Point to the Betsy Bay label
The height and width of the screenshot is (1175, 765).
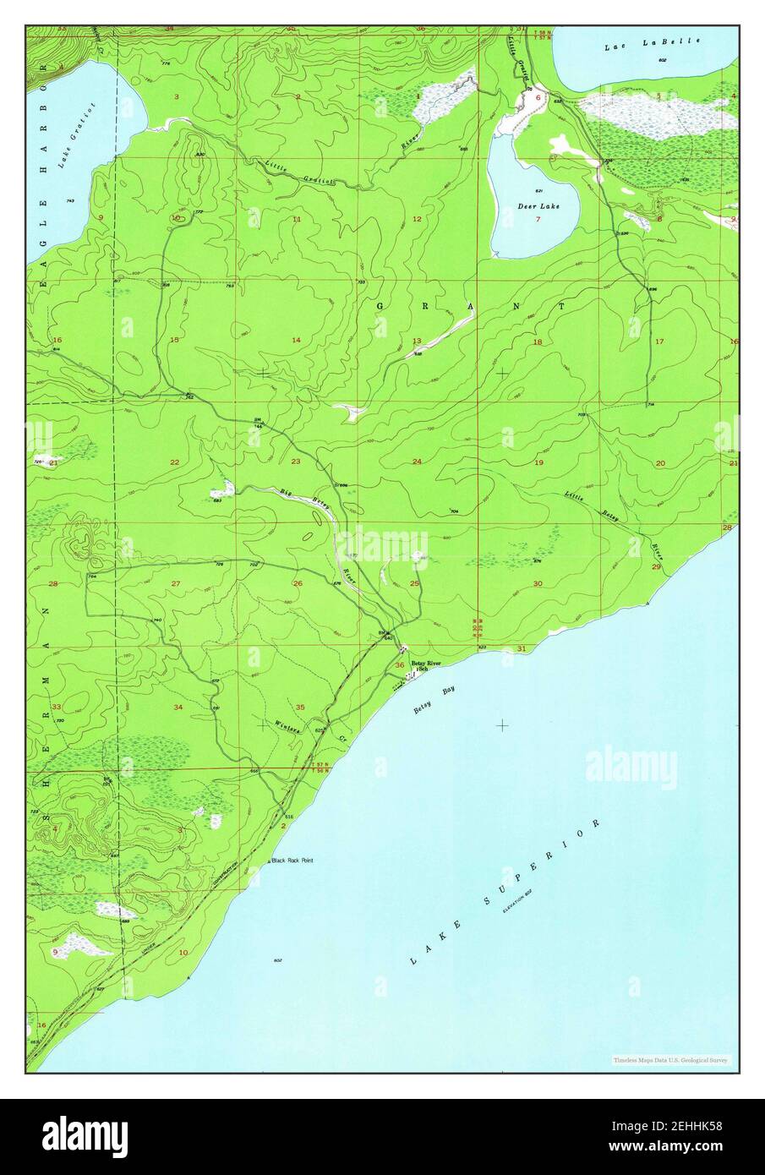434,701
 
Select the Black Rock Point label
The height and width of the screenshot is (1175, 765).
292,861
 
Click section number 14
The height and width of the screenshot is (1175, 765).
296,340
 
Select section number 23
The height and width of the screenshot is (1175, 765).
296,462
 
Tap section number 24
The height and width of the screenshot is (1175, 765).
417,462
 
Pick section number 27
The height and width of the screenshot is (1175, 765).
176,584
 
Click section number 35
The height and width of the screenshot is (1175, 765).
300,707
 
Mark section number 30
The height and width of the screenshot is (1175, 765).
538,584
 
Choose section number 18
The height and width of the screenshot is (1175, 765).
538,342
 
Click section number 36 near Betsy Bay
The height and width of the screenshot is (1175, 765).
399,665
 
